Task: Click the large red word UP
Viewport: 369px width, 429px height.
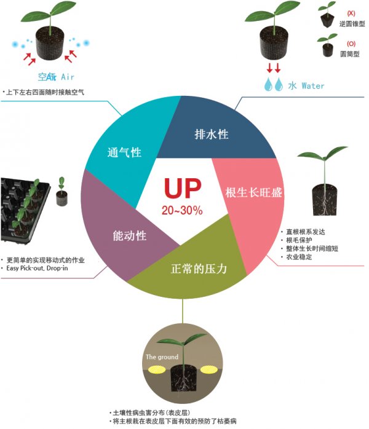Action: [183, 188]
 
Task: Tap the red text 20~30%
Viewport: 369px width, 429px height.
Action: [182, 210]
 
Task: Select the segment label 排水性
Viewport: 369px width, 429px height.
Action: [212, 135]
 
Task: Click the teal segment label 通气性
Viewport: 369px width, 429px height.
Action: [124, 152]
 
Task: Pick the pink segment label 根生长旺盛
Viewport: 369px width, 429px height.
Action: [253, 192]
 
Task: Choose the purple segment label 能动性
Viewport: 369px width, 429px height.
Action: [130, 235]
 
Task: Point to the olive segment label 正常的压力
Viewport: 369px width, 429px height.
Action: [199, 269]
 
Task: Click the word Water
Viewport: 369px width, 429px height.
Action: [313, 86]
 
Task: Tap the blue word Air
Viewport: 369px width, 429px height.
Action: [67, 77]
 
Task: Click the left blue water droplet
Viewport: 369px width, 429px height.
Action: [268, 84]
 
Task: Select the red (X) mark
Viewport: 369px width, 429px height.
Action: [351, 13]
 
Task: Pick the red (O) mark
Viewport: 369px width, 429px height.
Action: [351, 44]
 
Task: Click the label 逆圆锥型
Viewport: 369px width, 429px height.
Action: [352, 24]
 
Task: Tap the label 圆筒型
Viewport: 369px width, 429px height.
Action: [350, 54]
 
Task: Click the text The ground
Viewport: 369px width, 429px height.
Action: [162, 356]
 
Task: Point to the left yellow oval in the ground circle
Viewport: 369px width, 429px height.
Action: [157, 370]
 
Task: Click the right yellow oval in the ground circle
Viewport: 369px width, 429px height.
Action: [209, 370]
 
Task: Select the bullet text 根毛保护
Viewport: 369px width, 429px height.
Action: [299, 240]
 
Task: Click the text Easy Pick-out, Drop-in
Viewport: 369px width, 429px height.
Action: [37, 268]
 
